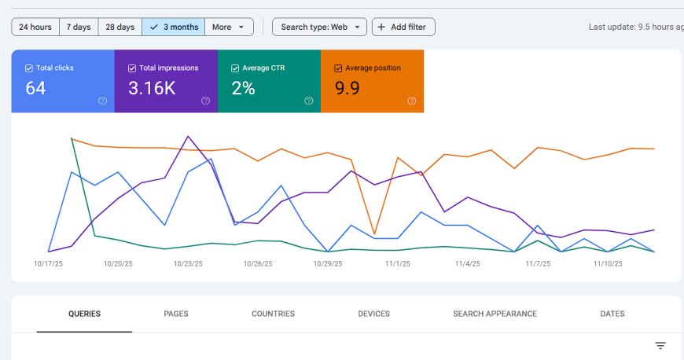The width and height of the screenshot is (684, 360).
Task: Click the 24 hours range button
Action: coord(35,27)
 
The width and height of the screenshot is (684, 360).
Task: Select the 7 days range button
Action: coord(79,27)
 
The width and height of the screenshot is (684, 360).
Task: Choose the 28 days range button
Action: coord(120,27)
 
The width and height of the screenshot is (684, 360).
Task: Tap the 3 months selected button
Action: coord(173,27)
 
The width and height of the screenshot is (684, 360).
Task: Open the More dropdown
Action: coord(229,27)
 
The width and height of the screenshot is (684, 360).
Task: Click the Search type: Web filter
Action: coord(319,27)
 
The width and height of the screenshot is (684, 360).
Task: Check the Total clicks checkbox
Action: coord(29,68)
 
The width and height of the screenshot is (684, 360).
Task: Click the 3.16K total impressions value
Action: coord(152,88)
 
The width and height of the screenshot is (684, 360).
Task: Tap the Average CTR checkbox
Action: coord(235,68)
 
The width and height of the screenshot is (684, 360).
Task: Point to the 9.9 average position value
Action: coord(348,88)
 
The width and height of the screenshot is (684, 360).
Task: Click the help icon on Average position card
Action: coord(412,101)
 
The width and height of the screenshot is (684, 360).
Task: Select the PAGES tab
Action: coord(176,314)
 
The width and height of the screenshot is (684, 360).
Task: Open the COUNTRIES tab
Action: coord(273,314)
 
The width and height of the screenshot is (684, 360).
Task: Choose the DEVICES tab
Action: coord(374,314)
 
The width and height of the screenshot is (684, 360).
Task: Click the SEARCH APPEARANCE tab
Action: coord(495,314)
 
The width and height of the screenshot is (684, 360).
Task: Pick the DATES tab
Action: coord(612,314)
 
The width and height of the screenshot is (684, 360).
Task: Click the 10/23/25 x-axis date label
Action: coord(188,264)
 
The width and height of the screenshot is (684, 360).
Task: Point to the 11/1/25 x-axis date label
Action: coord(398,264)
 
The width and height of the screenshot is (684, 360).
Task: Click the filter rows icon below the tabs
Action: coord(660,346)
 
